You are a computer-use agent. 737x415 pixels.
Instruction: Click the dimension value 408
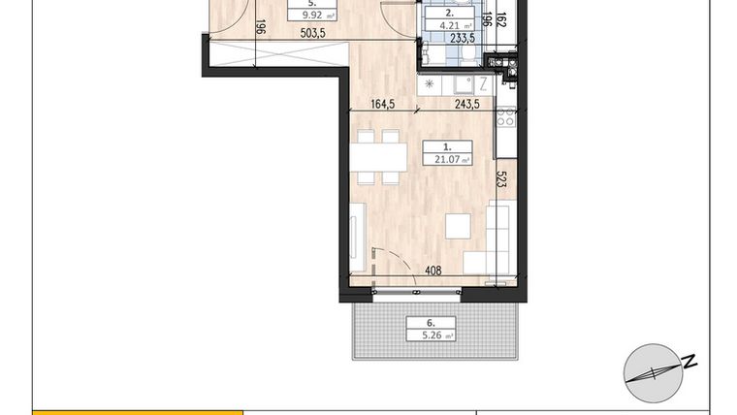[x=433, y=271]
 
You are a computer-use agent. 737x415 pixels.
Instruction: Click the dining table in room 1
[x=377, y=157]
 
